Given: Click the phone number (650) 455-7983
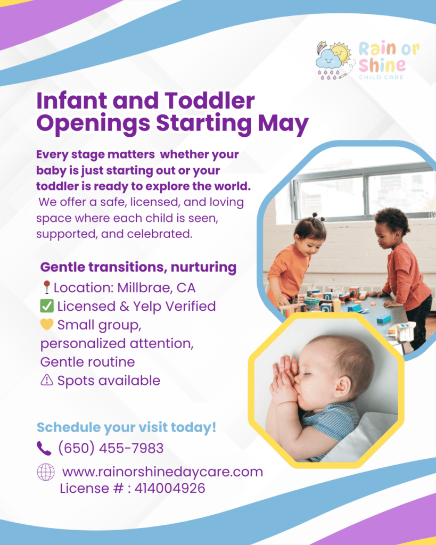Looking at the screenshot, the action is pyautogui.click(x=111, y=448).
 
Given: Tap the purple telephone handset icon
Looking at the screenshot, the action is pyautogui.click(x=44, y=448).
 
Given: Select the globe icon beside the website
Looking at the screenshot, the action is pyautogui.click(x=46, y=472).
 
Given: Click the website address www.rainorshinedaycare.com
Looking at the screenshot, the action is pyautogui.click(x=162, y=472).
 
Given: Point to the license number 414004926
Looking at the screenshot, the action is pyautogui.click(x=170, y=489).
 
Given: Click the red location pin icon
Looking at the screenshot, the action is pyautogui.click(x=47, y=287).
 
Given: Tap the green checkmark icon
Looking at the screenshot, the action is pyautogui.click(x=47, y=306).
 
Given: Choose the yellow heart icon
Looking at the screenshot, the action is pyautogui.click(x=47, y=324).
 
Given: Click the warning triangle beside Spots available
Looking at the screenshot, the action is pyautogui.click(x=47, y=380).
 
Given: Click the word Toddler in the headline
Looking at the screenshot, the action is pyautogui.click(x=210, y=101).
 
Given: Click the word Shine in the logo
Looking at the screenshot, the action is pyautogui.click(x=382, y=64).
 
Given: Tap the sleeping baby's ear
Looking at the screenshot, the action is pyautogui.click(x=343, y=386).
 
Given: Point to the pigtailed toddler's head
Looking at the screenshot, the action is pyautogui.click(x=309, y=235).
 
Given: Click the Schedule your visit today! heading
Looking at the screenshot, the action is pyautogui.click(x=127, y=427).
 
